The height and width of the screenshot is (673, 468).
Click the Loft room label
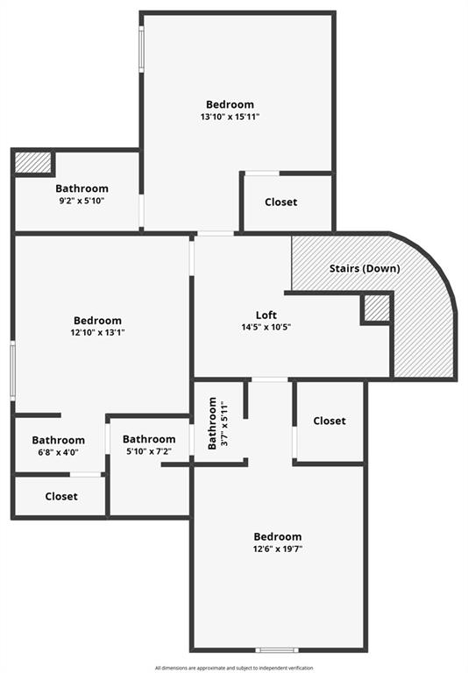(x=266, y=315)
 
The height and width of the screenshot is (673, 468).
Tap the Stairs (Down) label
(x=365, y=269)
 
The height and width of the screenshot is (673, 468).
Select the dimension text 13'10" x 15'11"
(x=230, y=117)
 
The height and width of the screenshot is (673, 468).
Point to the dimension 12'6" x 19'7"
(x=278, y=549)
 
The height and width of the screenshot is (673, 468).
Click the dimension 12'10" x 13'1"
(x=98, y=332)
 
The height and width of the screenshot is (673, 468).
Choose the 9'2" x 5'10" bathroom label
(x=82, y=195)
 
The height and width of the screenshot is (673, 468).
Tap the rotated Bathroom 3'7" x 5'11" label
(x=217, y=423)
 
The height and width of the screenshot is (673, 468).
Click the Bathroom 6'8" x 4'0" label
(x=59, y=446)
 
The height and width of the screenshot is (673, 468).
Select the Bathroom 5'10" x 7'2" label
(x=149, y=445)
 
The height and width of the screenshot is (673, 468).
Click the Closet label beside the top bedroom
(x=280, y=202)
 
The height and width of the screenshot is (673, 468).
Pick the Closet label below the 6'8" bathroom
(x=61, y=496)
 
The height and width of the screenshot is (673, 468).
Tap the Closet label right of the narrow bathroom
(x=330, y=421)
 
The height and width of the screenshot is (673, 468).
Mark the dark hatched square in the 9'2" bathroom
(x=33, y=163)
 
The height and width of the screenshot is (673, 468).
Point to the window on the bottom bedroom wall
(x=277, y=650)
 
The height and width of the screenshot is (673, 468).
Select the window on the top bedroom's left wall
(x=141, y=49)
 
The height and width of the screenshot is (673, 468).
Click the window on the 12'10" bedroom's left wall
(x=13, y=371)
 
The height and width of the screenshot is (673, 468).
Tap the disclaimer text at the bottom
(x=234, y=668)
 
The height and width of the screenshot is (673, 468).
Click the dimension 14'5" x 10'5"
(x=266, y=327)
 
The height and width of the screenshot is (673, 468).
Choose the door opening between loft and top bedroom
(x=216, y=233)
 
